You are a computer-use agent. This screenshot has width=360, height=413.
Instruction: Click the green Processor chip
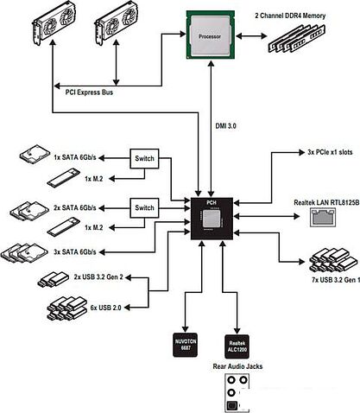click(x=210, y=35)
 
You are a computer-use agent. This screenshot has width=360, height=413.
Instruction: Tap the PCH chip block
click(x=212, y=219)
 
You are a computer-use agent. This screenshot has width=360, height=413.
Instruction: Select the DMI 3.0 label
click(x=226, y=126)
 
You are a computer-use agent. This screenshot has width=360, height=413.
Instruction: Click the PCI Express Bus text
click(x=89, y=92)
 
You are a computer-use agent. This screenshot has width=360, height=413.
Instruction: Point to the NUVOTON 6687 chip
click(x=186, y=345)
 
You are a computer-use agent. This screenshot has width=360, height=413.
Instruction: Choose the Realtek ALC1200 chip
click(x=237, y=346)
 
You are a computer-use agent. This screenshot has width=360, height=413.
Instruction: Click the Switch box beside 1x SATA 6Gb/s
click(x=144, y=158)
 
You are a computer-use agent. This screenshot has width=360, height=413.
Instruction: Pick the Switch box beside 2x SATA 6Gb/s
click(x=144, y=208)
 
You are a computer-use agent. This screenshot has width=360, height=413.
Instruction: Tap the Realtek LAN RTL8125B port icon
click(x=323, y=217)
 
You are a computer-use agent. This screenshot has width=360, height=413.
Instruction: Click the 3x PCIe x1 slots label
click(x=330, y=152)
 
